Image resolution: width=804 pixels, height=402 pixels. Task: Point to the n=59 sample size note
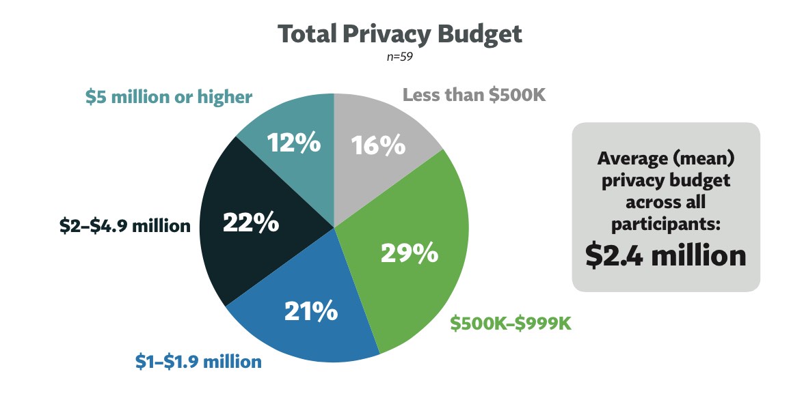pos(400,57)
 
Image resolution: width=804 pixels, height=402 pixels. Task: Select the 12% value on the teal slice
pos(294,143)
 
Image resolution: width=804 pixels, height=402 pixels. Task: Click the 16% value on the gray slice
pos(378,145)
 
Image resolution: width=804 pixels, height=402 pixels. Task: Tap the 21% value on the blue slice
pos(311,311)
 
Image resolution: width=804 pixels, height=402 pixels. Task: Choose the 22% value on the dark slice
pos(252,222)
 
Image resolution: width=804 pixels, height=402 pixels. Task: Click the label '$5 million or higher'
pos(169,98)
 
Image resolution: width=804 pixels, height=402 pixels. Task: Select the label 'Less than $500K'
pos(474,95)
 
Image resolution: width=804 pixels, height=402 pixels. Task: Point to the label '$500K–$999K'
pos(511,324)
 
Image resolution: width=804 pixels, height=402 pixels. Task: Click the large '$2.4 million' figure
pos(665,255)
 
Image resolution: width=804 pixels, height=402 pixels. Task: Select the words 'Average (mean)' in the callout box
pos(665,158)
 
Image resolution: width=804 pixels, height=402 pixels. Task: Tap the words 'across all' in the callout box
pos(665,203)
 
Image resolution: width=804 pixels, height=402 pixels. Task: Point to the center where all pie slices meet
pos(334,227)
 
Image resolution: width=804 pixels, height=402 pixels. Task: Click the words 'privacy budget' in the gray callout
pos(665,181)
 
